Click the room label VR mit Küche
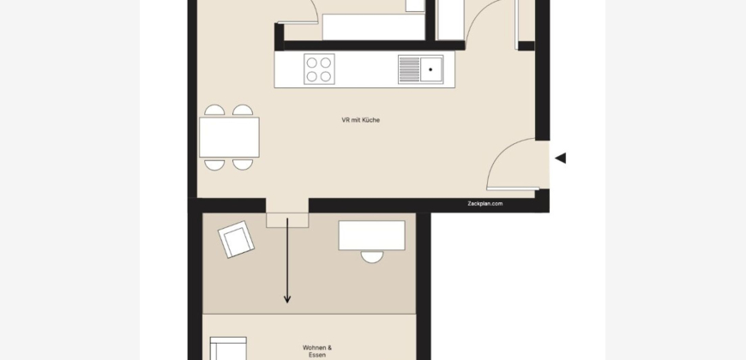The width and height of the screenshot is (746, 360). point(361,120)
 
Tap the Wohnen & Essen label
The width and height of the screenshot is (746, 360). point(317,351)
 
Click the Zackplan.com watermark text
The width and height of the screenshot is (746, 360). point(484,203)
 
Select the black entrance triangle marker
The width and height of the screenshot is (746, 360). point(561,158)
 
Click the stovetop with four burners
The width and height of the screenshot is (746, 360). point(319,69)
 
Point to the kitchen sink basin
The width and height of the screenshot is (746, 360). point(431,69)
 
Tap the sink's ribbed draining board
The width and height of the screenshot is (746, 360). point(409,69)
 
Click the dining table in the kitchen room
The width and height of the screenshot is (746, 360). point(229,137)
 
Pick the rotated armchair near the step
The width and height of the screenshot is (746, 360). point(236,239)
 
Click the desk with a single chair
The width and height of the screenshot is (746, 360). point(371,235)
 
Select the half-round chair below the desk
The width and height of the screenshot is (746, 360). point(372,257)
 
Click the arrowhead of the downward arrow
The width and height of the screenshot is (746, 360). point(287,300)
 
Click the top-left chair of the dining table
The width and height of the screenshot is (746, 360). point(214,111)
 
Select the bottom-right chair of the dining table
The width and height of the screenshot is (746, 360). point(243,165)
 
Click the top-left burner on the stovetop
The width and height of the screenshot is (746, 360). point(311,63)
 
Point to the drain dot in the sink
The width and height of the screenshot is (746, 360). point(430,69)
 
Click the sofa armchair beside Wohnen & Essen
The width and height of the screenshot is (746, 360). point(228,349)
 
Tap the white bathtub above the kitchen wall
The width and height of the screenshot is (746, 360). point(374,27)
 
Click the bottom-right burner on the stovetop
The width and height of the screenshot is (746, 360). point(326,76)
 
